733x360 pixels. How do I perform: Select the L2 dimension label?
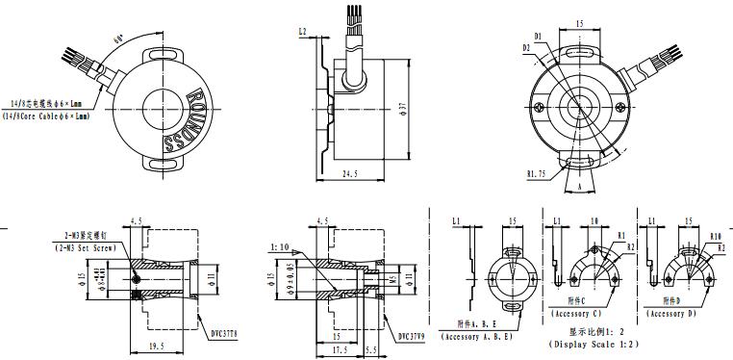(x=303, y=32)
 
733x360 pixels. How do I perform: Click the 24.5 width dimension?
(x=350, y=175)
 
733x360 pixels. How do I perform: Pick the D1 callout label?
(x=539, y=37)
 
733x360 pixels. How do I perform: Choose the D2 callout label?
(x=526, y=46)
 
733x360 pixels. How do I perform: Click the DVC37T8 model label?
(x=221, y=334)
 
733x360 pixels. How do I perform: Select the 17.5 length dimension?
(x=338, y=351)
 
